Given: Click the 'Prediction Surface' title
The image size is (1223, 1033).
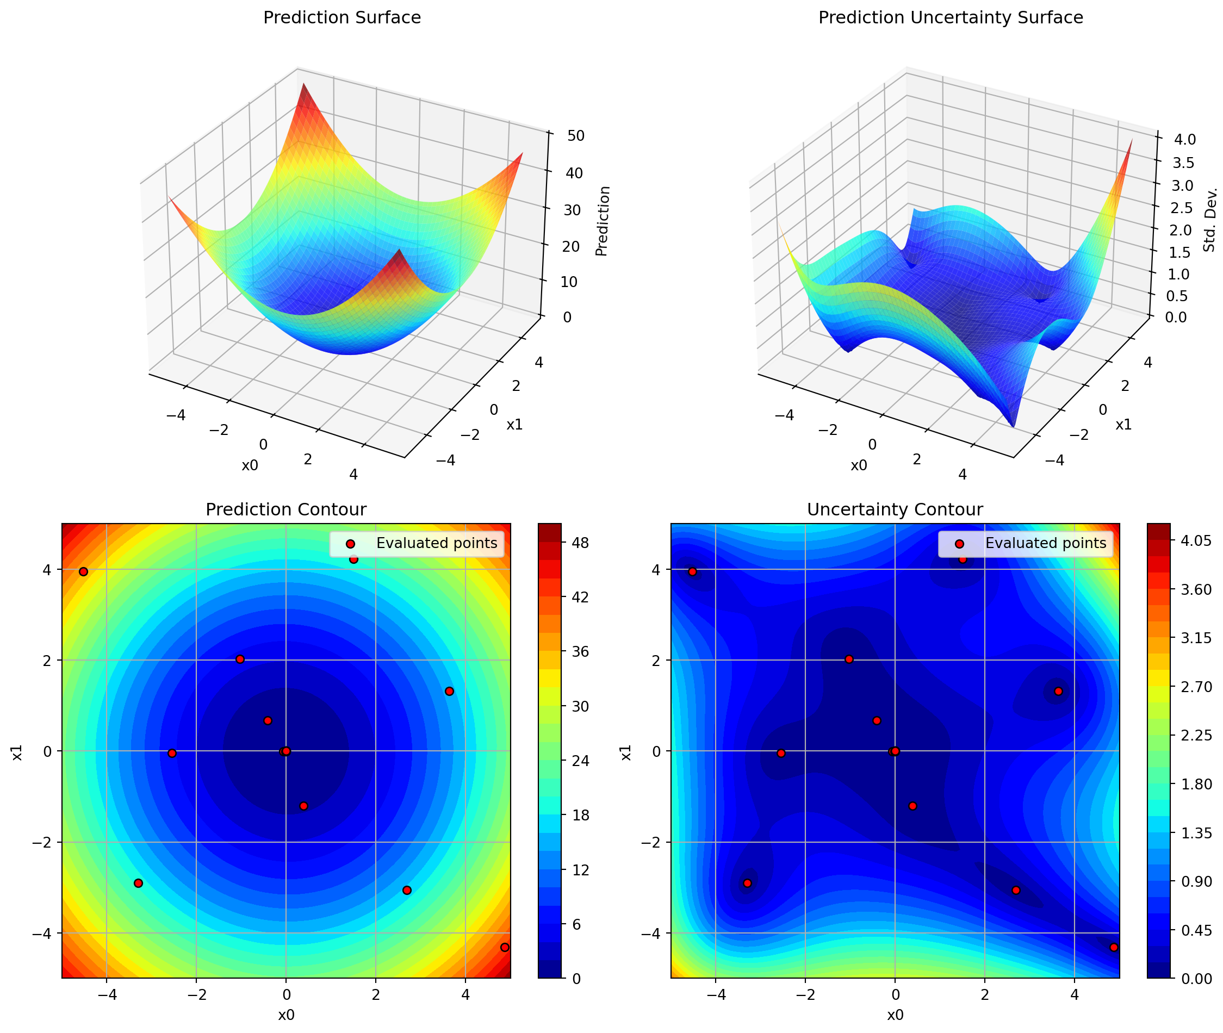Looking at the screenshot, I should pyautogui.click(x=342, y=17).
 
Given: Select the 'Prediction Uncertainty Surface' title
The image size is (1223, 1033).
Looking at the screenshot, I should pyautogui.click(x=950, y=17).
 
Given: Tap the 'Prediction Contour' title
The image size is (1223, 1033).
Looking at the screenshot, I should pyautogui.click(x=286, y=509).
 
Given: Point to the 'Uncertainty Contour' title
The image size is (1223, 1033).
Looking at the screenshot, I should pyautogui.click(x=895, y=509).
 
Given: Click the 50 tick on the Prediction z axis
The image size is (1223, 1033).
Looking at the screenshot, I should pyautogui.click(x=575, y=136).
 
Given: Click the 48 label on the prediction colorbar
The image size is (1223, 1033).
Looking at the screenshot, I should pyautogui.click(x=580, y=543).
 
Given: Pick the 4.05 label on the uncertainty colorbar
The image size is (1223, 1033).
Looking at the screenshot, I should pyautogui.click(x=1195, y=540).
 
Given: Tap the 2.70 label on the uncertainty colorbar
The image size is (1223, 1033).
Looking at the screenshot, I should pyautogui.click(x=1195, y=686).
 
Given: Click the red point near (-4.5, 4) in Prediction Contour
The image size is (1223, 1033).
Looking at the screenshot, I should pyautogui.click(x=83, y=571).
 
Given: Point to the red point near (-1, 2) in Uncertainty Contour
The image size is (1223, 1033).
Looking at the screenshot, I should pyautogui.click(x=849, y=659).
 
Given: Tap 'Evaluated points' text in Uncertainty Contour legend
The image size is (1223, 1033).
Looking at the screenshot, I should pyautogui.click(x=1046, y=543).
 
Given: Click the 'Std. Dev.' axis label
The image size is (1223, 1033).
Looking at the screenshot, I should pyautogui.click(x=1210, y=220).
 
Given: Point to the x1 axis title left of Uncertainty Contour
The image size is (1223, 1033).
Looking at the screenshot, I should pyautogui.click(x=626, y=752).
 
